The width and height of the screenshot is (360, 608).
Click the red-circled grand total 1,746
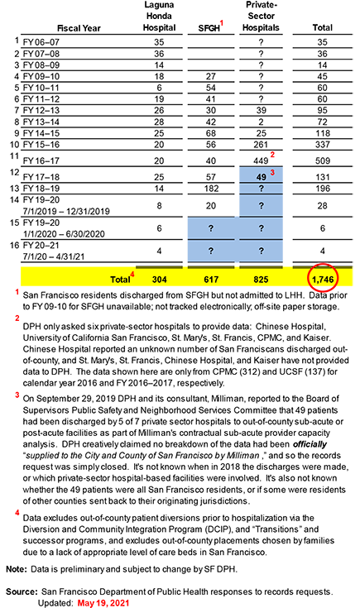323,280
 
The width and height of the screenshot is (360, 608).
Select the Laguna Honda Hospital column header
159,17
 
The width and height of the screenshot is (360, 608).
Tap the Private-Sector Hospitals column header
261,17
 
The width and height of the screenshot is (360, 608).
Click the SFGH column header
211,27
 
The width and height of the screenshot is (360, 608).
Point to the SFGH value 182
211,189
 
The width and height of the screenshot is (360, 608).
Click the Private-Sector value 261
261,145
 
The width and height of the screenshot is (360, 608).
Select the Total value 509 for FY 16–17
323,161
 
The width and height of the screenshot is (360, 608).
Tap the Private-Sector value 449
261,161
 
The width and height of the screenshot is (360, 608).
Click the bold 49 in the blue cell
261,177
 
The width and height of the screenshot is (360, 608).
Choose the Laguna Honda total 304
159,280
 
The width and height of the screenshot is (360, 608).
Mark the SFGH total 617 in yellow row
211,280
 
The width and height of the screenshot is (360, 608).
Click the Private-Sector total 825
261,280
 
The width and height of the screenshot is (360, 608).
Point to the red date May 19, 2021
103,603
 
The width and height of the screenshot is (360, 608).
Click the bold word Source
22,592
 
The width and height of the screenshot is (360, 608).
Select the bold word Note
17,569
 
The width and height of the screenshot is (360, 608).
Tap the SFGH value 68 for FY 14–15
211,133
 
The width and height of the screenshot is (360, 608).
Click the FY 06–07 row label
41,42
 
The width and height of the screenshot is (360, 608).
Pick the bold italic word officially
310,444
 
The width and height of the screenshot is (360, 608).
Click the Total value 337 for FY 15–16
323,145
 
